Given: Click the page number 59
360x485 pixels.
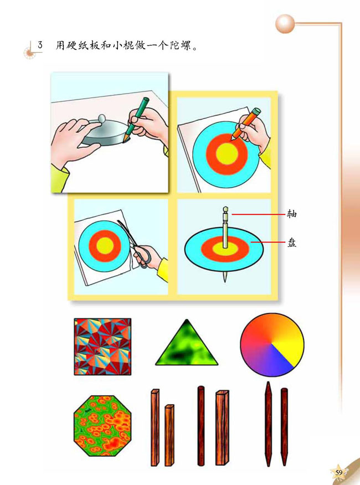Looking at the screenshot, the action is [339, 472].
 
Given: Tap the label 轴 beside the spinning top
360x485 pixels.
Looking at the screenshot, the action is [291, 214].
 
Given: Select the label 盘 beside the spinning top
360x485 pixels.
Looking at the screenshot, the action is [291, 242].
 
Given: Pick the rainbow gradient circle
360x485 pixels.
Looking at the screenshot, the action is [272, 344].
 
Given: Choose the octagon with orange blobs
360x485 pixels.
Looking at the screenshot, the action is [103, 425].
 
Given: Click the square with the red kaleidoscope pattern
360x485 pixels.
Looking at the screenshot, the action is [102, 347].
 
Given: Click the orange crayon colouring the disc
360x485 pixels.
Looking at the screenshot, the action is [246, 123].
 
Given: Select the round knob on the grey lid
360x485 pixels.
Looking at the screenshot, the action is [102, 118].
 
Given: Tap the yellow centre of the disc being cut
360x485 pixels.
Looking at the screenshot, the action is [105, 246].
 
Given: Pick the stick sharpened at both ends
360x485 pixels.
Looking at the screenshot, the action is [269, 424].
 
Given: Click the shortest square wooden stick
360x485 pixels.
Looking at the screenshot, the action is [169, 435].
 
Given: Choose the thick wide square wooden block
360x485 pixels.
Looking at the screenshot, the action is [222, 427].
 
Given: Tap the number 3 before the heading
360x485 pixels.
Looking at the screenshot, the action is [40, 45].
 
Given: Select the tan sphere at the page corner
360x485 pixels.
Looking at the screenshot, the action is [285, 24].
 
